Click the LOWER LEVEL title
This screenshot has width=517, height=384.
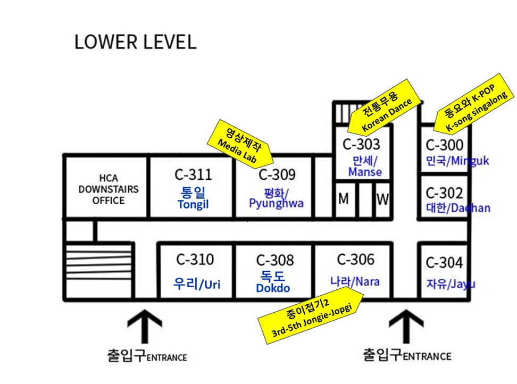[135, 42]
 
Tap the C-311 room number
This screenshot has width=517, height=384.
[193, 174]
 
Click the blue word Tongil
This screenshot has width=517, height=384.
[193, 205]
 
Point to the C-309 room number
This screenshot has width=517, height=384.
[277, 174]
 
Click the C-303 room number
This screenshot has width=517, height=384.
[361, 144]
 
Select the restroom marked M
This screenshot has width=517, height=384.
[344, 199]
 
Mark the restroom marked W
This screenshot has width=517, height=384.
[382, 199]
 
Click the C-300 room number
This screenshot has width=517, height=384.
[444, 144]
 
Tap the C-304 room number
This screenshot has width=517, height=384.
[444, 262]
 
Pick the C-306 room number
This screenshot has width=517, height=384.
[355, 260]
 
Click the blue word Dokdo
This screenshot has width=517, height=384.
[273, 289]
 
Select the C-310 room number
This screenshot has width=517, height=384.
[195, 260]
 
